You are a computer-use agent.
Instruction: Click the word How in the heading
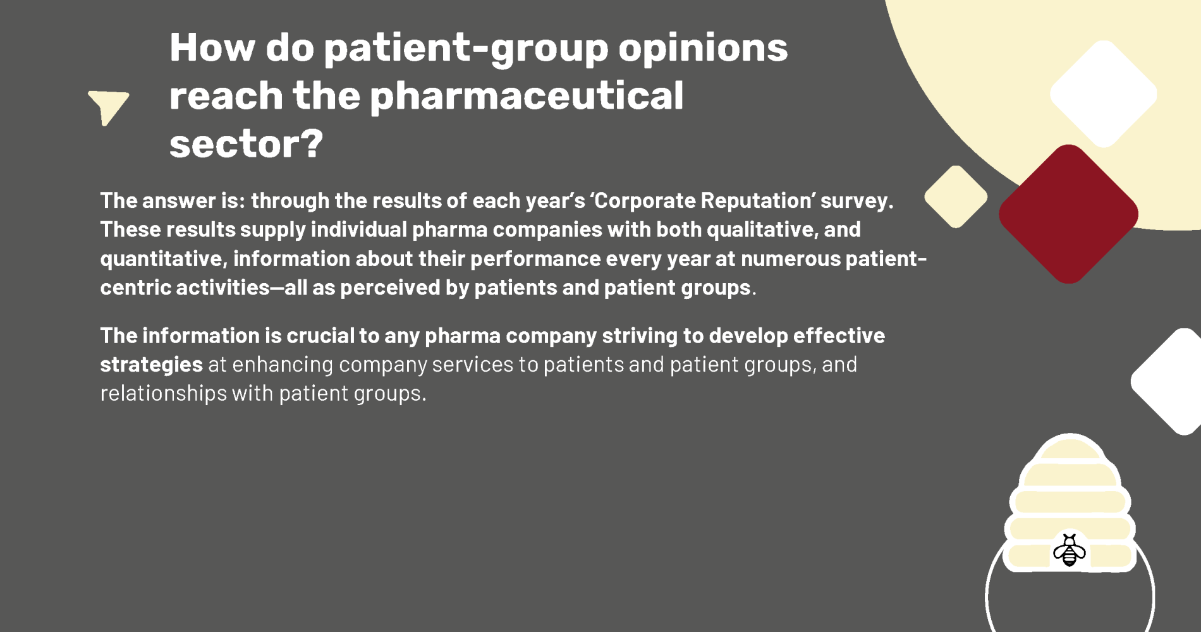click(x=212, y=47)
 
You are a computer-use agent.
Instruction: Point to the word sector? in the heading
click(x=246, y=143)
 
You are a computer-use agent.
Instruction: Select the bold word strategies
click(x=151, y=365)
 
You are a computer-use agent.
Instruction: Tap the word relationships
click(x=164, y=394)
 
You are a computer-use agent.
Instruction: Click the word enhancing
click(x=283, y=365)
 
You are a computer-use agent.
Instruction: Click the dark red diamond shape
click(x=1068, y=214)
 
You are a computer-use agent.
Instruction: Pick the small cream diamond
click(x=956, y=197)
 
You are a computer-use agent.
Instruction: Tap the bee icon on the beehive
click(x=1070, y=550)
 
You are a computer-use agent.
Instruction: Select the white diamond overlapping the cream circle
click(x=1104, y=94)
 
